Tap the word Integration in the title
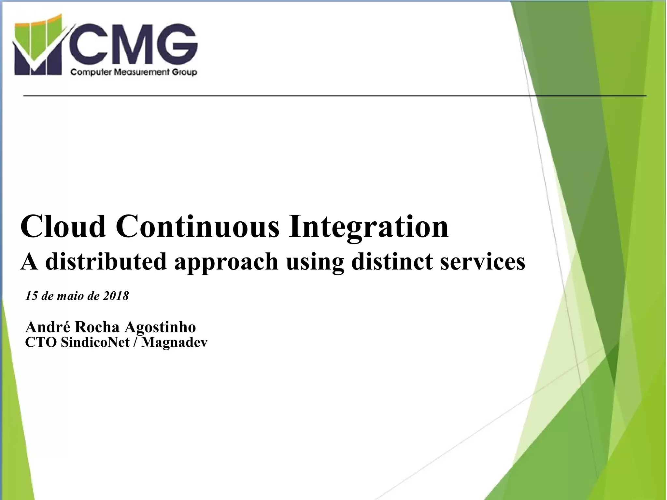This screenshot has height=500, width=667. [x=368, y=227]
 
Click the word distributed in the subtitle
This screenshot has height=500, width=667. [x=106, y=261]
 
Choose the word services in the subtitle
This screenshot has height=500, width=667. [x=482, y=261]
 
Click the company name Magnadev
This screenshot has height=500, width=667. [x=174, y=343]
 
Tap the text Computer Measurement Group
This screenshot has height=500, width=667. [x=134, y=72]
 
